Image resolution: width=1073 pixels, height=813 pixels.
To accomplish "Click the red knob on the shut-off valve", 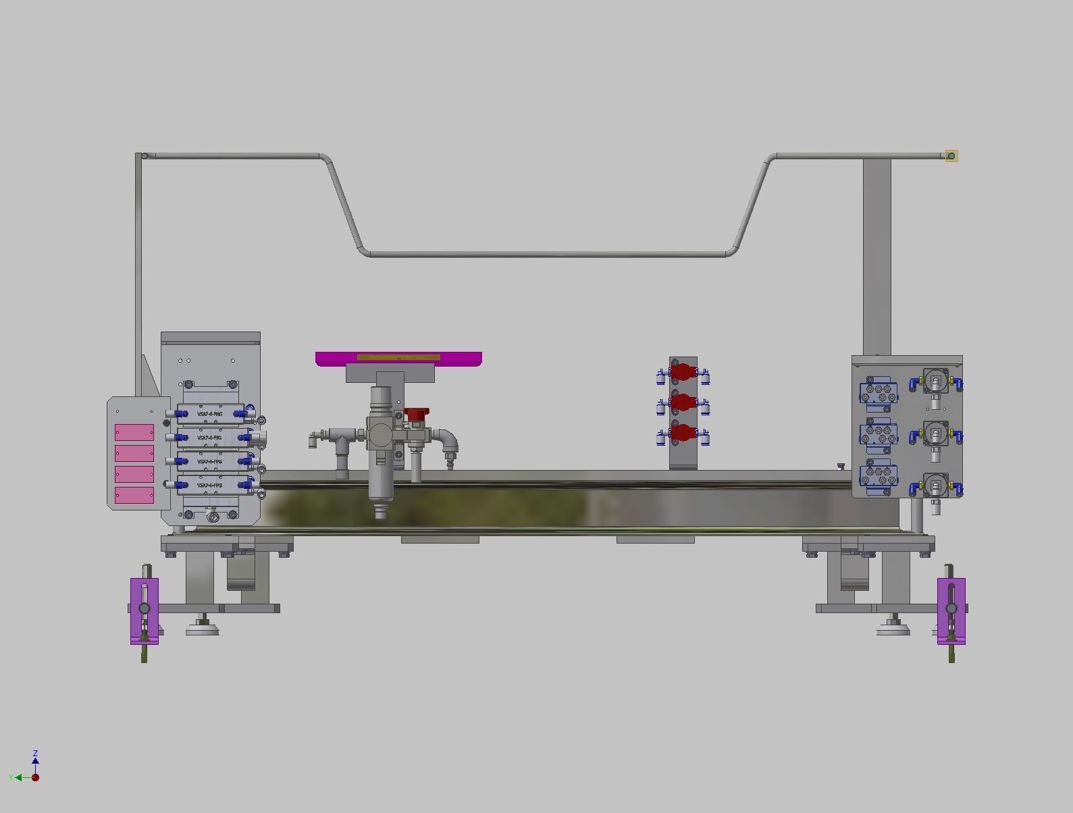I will [x=416, y=414].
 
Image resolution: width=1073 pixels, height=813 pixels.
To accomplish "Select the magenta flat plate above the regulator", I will [x=398, y=359].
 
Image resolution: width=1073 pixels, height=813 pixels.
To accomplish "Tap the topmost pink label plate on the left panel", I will [x=134, y=432].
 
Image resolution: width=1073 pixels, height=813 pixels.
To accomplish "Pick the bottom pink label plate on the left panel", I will [x=134, y=495].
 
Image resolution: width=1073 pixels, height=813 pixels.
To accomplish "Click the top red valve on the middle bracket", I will [x=683, y=372].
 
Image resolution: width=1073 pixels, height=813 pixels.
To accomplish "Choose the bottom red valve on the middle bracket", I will [x=683, y=434].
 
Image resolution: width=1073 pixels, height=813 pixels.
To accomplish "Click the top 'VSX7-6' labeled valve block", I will [x=210, y=414].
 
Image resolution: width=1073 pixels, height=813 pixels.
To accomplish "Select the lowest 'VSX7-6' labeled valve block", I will [x=210, y=485].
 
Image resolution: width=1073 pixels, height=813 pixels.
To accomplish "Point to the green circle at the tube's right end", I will [x=951, y=157].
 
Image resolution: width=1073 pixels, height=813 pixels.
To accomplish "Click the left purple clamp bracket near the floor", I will [x=145, y=610].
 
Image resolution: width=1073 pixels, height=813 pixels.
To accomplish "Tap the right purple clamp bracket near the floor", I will [x=951, y=610].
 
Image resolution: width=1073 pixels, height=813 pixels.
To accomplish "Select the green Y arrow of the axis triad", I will [x=19, y=778].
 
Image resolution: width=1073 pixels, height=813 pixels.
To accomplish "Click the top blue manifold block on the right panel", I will [x=879, y=394].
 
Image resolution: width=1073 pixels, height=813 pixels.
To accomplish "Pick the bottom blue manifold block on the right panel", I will [x=879, y=475].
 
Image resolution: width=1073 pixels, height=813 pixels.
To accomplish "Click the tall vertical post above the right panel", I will [x=876, y=257].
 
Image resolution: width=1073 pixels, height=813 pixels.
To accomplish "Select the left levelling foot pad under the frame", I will [x=203, y=631].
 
